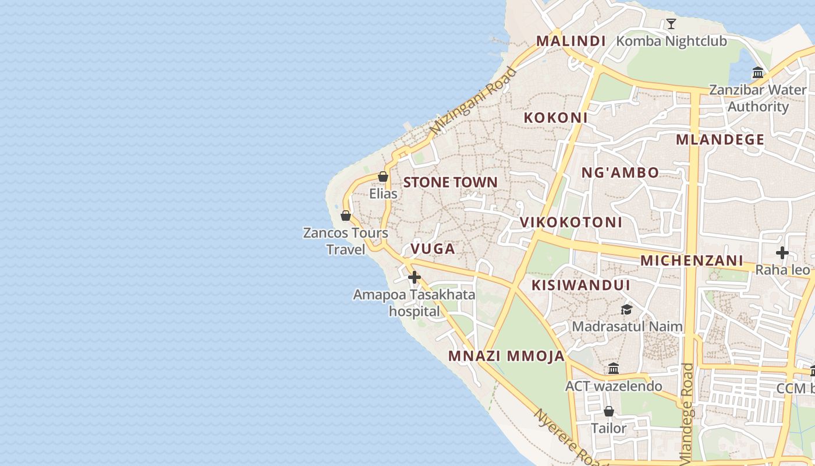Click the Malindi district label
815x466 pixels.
(x=570, y=41)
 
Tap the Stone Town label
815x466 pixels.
(x=451, y=182)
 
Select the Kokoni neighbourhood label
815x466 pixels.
(x=555, y=118)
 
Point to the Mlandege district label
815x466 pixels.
(x=720, y=140)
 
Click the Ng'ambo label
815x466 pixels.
(x=620, y=172)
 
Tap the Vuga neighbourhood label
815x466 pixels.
(x=433, y=249)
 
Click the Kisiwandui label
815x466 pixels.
(x=580, y=285)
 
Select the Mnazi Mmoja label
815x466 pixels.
(x=506, y=356)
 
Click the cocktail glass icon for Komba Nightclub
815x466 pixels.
(x=671, y=24)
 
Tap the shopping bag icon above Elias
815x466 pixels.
(x=383, y=176)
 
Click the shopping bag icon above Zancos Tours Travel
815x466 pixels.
(x=346, y=216)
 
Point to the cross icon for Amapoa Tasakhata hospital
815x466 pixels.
(x=414, y=277)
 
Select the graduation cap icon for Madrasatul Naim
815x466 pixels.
(x=626, y=309)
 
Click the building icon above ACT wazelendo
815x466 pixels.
(x=614, y=369)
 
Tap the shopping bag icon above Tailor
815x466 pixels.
(x=609, y=411)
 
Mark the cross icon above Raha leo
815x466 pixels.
(x=782, y=253)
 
